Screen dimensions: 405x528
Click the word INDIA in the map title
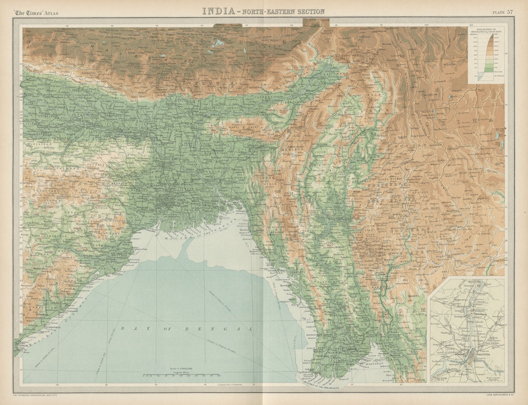218,11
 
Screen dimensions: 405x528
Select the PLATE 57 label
502,12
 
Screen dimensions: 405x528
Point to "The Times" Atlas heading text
36,12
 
